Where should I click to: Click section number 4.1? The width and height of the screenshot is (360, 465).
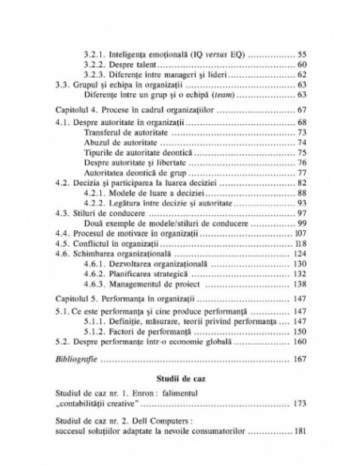tap(61, 123)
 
